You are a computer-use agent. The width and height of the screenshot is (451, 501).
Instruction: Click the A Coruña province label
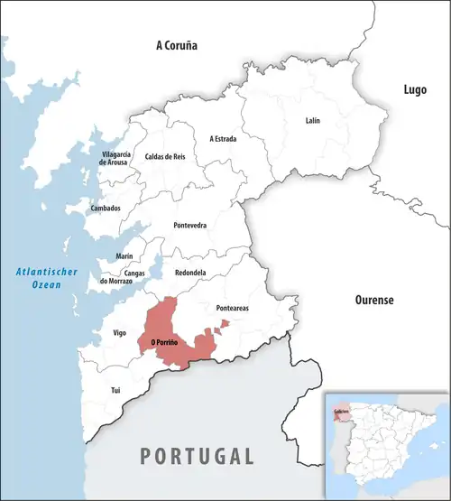click(x=176, y=45)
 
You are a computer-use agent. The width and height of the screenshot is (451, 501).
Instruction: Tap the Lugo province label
click(x=416, y=88)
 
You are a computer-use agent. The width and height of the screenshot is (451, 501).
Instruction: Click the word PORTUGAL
click(x=197, y=455)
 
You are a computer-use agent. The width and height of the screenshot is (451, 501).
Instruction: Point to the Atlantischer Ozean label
click(x=47, y=278)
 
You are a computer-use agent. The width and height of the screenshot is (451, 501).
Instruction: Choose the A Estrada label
click(x=224, y=139)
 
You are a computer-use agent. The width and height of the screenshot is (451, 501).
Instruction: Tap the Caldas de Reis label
click(x=164, y=157)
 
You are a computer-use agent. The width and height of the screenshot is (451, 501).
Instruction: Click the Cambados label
click(x=106, y=208)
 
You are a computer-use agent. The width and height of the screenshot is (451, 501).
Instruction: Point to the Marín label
click(x=124, y=256)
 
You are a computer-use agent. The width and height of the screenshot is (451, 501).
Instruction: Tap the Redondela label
click(x=190, y=272)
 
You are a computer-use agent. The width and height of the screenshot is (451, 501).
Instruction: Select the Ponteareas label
click(x=234, y=308)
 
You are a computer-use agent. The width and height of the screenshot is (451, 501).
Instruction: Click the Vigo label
click(x=119, y=333)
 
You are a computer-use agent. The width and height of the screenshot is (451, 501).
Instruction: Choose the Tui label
click(x=115, y=390)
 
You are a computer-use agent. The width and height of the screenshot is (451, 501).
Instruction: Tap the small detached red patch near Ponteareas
click(x=225, y=323)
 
